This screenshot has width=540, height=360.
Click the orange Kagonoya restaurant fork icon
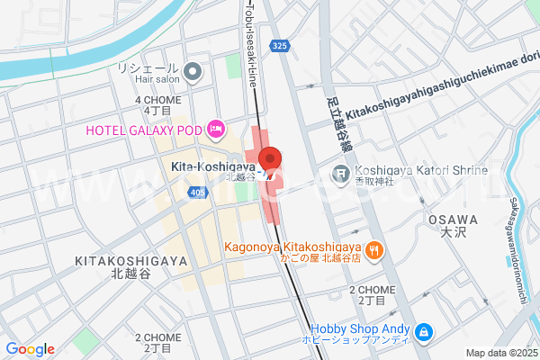point(374,247)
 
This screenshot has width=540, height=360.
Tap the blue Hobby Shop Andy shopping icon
point(424,333)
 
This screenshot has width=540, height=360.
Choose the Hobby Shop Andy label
point(361,329)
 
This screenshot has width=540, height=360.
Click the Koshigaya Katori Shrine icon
point(342,172)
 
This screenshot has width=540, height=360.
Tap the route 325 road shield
point(280,44)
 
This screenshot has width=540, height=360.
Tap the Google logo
point(30,349)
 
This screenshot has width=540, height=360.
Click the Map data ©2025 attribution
point(500,353)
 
